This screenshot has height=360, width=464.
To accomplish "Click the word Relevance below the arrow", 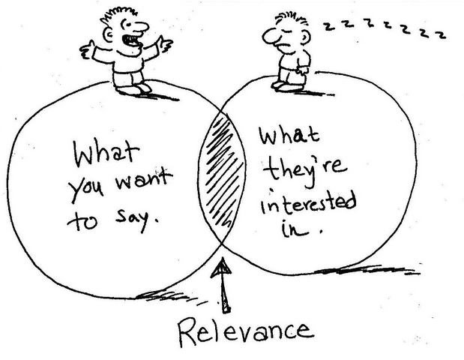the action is point(246,331).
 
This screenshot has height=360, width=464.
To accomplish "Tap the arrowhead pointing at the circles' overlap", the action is point(221,267).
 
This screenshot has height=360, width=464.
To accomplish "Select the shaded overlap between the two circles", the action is point(222,175).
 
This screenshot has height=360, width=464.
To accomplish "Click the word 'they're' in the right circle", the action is point(305,172).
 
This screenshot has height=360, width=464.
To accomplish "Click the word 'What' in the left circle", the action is point(106,154).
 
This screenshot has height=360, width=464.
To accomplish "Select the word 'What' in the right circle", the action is point(289,136).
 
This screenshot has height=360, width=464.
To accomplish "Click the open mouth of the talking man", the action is point(132,40).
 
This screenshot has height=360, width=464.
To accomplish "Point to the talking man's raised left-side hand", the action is point(88,49).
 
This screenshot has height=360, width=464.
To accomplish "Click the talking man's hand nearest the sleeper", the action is point(164,43).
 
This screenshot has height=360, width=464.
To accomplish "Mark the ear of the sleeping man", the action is point(306,37).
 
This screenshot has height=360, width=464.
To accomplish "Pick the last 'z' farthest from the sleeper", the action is point(442,34).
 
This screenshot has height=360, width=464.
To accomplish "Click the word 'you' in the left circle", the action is point(86,189).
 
